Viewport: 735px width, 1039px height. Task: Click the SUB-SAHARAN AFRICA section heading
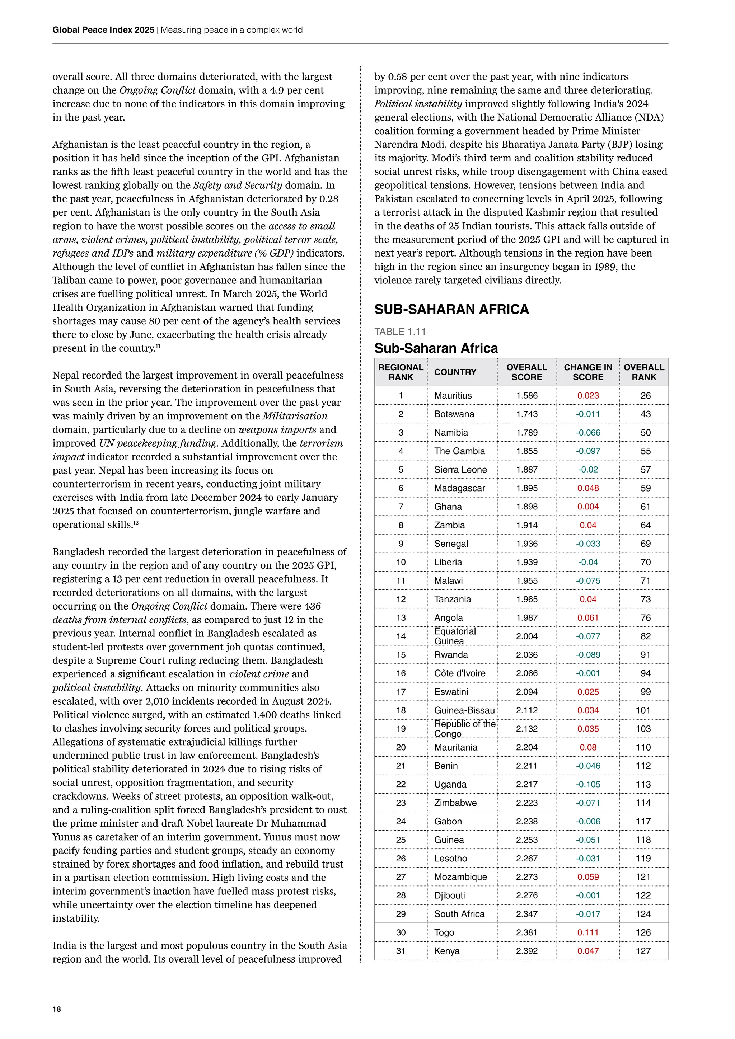pos(451,310)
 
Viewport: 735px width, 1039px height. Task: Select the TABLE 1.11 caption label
pos(400,332)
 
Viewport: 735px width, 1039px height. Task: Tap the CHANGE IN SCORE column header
pos(587,372)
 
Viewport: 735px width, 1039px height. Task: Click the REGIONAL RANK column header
pos(401,372)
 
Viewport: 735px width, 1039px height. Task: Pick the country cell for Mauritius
pos(453,395)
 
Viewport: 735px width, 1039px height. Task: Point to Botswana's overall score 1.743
pos(526,414)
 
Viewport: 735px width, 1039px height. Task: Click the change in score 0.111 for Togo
pos(587,932)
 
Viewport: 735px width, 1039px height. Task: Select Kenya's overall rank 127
pos(643,951)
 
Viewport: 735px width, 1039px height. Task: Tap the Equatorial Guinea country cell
pos(455,636)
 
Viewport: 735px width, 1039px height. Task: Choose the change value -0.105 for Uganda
pos(587,784)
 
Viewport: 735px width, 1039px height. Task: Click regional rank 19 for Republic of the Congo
pos(401,729)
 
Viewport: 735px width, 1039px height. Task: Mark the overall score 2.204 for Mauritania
pos(526,747)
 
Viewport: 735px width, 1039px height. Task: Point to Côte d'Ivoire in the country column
pos(459,673)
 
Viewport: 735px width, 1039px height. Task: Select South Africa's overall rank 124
pos(643,914)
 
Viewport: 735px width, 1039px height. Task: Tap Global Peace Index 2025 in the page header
pos(103,30)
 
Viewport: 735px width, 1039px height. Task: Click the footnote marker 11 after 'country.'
pos(158,347)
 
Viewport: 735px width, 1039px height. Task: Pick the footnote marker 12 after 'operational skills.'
pos(135,523)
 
